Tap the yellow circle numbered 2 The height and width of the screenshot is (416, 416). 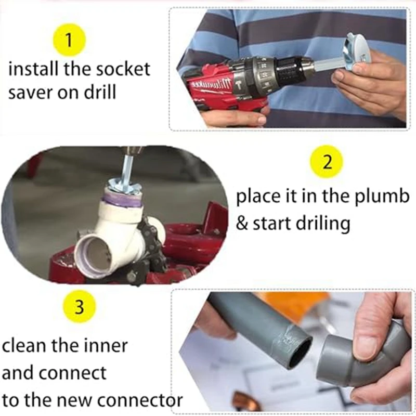(327, 162)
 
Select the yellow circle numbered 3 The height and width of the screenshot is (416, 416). (80, 307)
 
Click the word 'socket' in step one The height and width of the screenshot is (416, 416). (123, 69)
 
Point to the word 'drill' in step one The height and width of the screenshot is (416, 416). (100, 92)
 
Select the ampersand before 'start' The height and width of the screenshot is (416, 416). (241, 223)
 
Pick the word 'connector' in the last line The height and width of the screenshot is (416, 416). (137, 400)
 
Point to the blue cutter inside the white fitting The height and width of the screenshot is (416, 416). (123, 185)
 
